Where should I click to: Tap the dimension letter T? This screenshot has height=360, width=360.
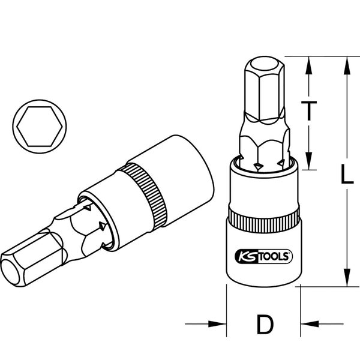pyautogui.click(x=308, y=110)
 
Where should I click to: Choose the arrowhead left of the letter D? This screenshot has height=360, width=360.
pyautogui.click(x=220, y=325)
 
